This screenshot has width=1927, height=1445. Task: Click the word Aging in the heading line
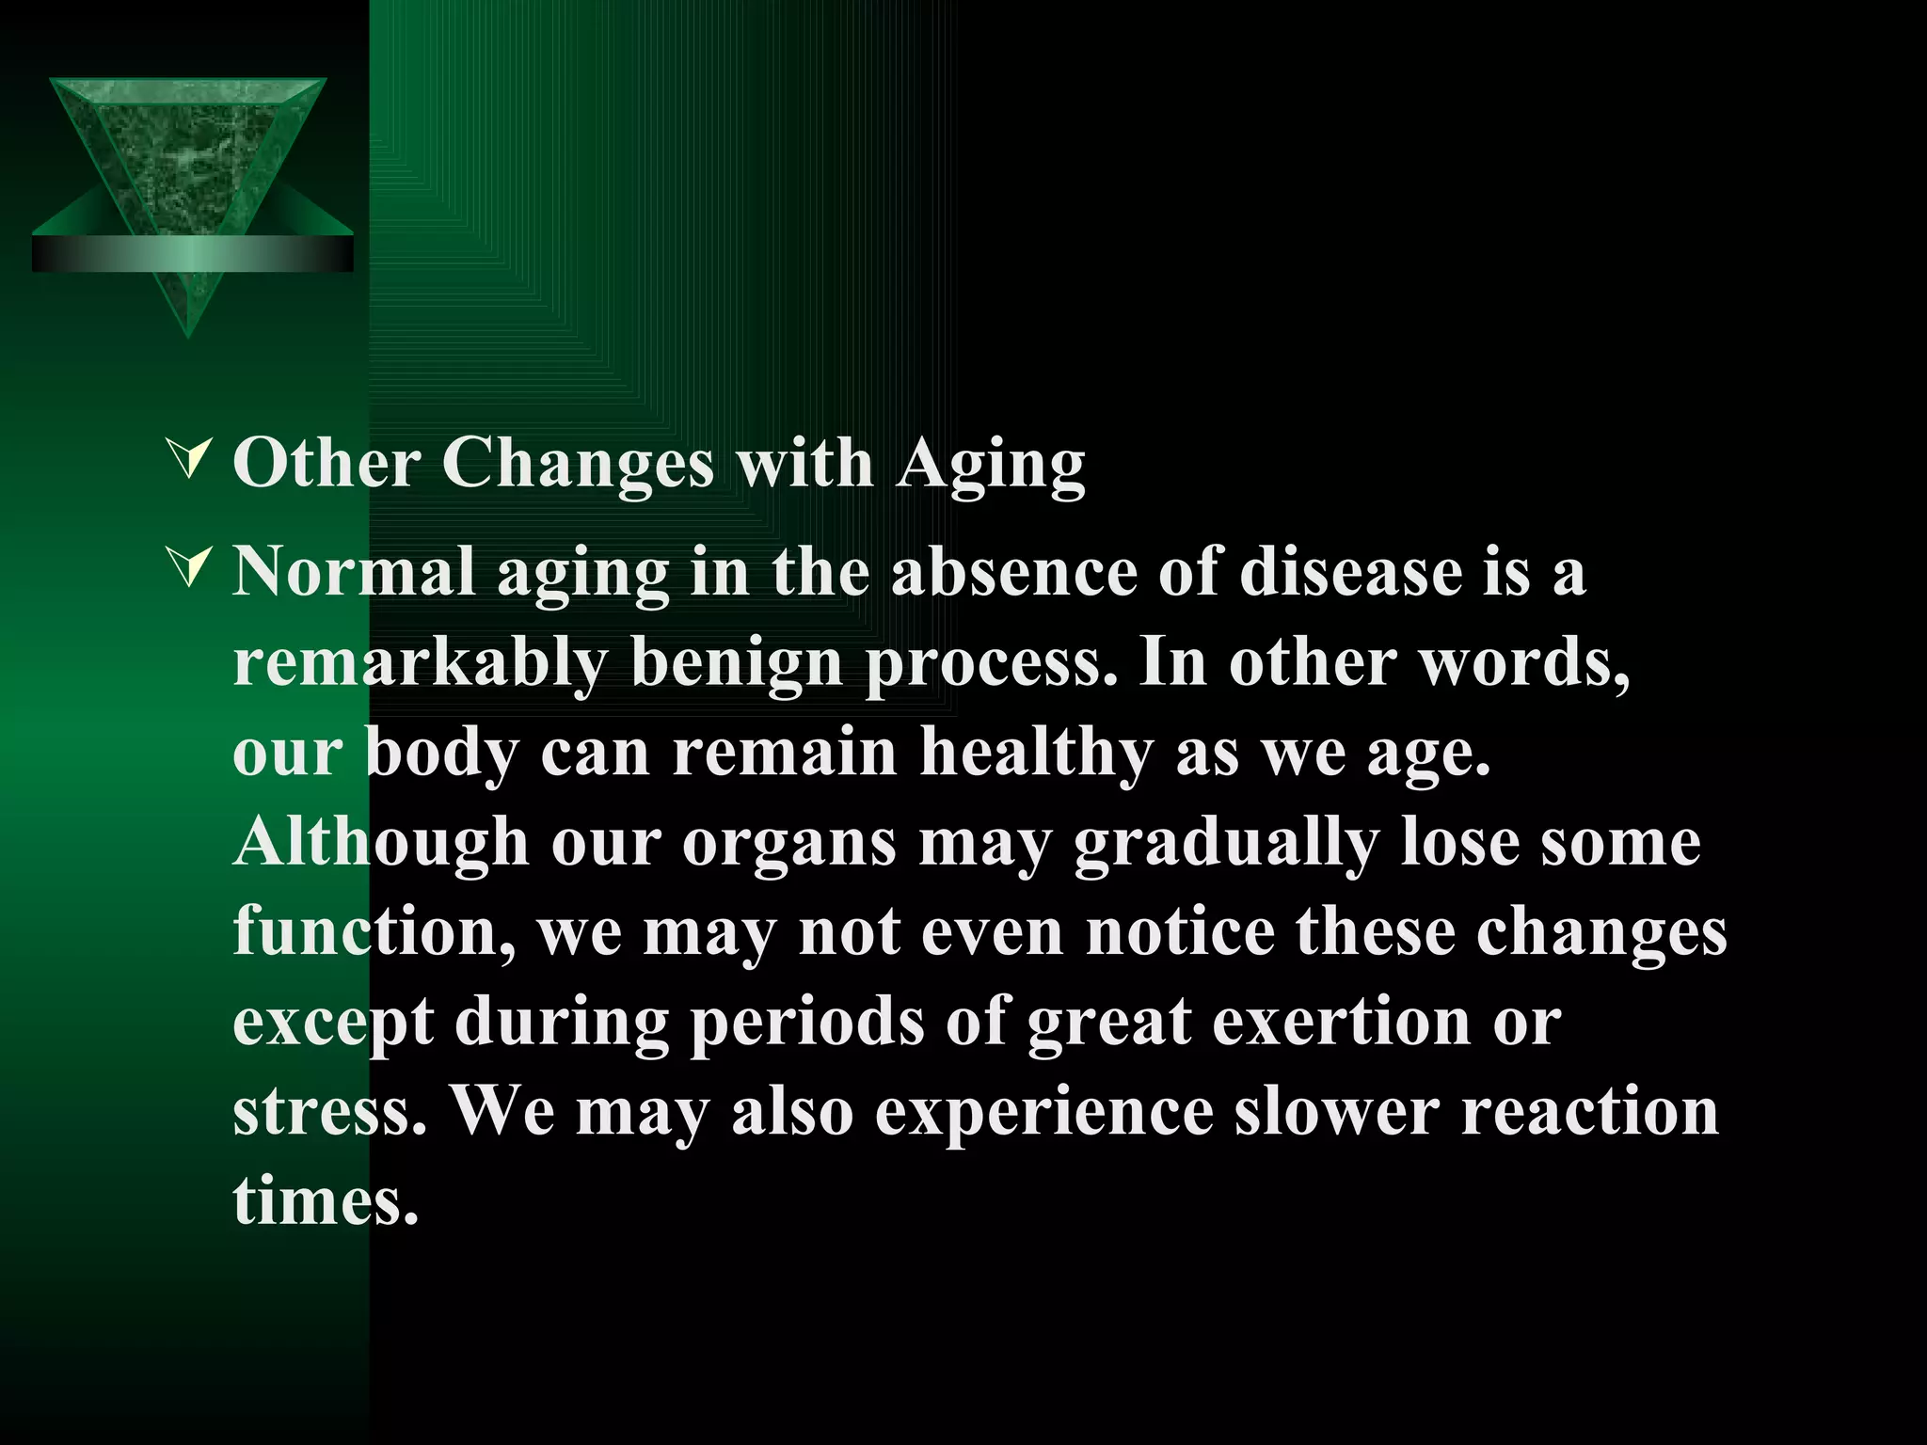(x=990, y=465)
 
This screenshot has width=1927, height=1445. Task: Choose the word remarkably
(x=420, y=662)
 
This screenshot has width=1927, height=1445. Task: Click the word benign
(x=737, y=662)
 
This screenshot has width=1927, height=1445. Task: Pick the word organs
(x=788, y=843)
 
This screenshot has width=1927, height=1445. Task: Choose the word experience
(x=1043, y=1113)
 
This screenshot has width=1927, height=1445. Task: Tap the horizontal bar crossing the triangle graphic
(x=193, y=254)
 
